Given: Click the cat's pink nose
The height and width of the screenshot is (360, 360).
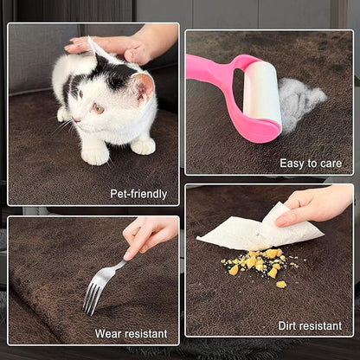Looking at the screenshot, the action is pyautogui.click(x=75, y=119).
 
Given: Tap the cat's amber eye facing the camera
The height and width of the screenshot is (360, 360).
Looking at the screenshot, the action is pyautogui.click(x=98, y=108).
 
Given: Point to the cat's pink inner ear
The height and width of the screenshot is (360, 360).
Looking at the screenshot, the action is pyautogui.click(x=145, y=87).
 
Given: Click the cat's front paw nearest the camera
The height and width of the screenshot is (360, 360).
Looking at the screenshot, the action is pyautogui.click(x=94, y=156).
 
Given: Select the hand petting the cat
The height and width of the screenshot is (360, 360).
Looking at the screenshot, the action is pyautogui.click(x=127, y=44).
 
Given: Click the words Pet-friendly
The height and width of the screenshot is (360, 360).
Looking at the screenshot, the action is pyautogui.click(x=138, y=194).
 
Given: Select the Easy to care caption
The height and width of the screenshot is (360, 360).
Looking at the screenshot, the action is pyautogui.click(x=311, y=164).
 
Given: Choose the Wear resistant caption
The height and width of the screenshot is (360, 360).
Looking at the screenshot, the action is pyautogui.click(x=132, y=334).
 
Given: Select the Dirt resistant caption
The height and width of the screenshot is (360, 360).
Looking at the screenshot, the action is pyautogui.click(x=310, y=326).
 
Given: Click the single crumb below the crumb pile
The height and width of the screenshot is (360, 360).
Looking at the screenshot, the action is pyautogui.click(x=281, y=285).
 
